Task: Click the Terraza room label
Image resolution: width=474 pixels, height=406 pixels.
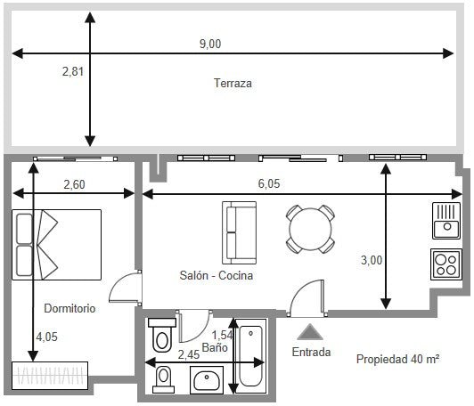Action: click(x=233, y=84)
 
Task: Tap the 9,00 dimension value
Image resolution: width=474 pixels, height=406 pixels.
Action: click(x=210, y=44)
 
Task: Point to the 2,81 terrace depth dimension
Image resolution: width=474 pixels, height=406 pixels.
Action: click(x=73, y=72)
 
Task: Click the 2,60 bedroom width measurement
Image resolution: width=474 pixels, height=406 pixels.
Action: click(x=75, y=184)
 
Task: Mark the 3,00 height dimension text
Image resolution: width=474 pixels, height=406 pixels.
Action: click(x=371, y=260)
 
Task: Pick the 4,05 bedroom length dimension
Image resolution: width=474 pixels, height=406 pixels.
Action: click(x=47, y=337)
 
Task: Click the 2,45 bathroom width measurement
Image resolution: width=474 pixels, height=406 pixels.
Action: click(x=188, y=354)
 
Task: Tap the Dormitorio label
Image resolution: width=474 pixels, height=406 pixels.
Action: click(x=69, y=308)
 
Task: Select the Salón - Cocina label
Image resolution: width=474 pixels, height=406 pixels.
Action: click(x=216, y=276)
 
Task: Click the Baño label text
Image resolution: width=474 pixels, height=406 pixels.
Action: click(x=214, y=346)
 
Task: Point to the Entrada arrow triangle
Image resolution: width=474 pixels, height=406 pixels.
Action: click(x=310, y=331)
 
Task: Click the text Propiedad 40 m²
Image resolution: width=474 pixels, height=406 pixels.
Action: click(x=398, y=359)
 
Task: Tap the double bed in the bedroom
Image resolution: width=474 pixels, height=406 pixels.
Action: click(x=57, y=244)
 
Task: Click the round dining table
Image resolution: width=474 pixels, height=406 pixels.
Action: click(x=311, y=229)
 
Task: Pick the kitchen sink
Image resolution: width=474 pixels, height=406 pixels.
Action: click(x=445, y=221)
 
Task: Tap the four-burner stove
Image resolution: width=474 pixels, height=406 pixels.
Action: click(x=445, y=264)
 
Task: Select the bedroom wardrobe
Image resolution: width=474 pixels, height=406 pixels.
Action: click(x=50, y=376)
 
